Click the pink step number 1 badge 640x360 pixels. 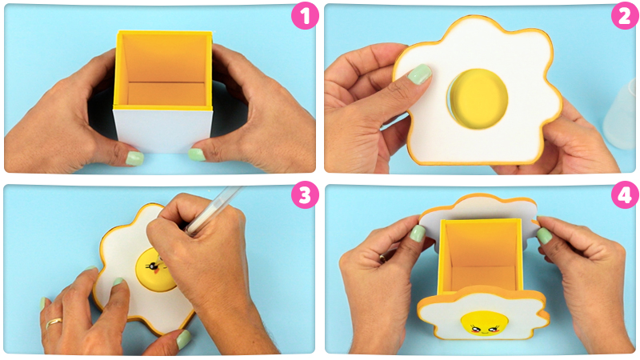tap(305, 16)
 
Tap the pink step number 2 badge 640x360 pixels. tap(624, 16)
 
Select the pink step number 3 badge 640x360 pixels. tap(305, 195)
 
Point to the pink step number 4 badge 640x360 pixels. tap(625, 195)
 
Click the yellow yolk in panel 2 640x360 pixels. tap(478, 98)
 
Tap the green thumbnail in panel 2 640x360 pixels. tap(419, 74)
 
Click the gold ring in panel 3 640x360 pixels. tap(54, 323)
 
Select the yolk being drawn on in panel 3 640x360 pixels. tap(155, 270)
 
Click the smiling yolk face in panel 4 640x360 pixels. tap(485, 323)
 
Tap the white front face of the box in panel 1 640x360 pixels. tap(163, 130)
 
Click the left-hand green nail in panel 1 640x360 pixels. tap(134, 158)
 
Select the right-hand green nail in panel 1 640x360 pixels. tap(196, 154)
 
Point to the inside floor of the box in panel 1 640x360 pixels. tap(166, 94)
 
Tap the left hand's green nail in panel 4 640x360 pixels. tap(417, 234)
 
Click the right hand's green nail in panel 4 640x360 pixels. tap(544, 236)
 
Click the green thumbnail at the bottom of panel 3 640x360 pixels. tap(184, 338)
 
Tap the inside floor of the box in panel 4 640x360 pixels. tap(482, 278)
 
